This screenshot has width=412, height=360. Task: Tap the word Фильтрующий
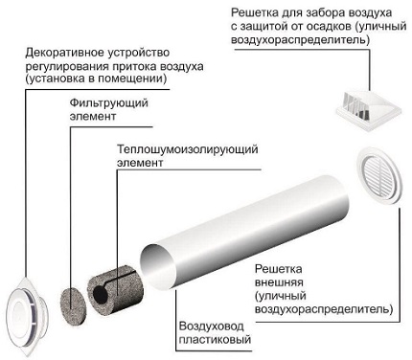point(109,103)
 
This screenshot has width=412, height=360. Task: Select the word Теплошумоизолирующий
point(188,149)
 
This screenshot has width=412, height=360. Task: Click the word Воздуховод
point(212,326)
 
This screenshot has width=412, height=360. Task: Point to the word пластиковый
point(215,340)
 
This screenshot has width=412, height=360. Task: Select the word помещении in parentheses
point(131,79)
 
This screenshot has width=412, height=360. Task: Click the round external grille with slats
point(379,175)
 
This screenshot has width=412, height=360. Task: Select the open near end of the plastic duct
point(158,267)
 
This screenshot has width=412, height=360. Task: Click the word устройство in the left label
point(139,54)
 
